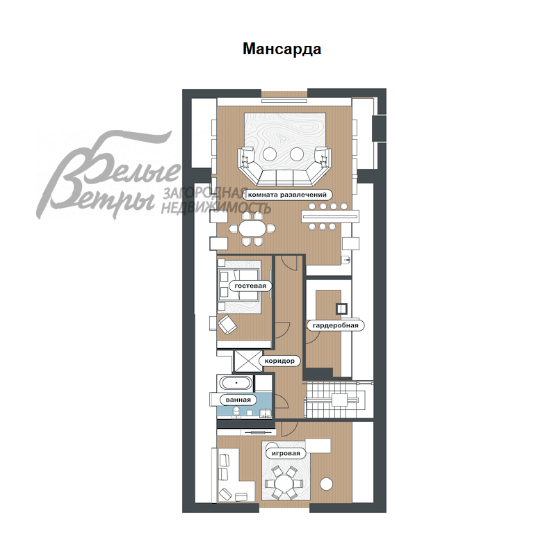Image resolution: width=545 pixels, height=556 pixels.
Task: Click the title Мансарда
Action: click(282, 49)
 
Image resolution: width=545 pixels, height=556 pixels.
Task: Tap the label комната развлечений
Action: click(287, 195)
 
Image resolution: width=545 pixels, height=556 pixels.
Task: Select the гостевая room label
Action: click(250, 286)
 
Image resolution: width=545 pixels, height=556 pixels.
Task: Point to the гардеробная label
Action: click(336, 325)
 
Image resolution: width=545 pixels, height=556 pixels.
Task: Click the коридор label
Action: click(279, 361)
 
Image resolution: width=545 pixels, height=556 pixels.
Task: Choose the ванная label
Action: click(238, 400)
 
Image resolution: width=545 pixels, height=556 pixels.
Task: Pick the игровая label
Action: click(286, 453)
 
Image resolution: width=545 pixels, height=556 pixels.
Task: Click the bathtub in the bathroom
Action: click(236, 384)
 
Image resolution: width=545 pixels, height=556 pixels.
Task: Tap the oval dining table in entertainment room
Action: click(252, 229)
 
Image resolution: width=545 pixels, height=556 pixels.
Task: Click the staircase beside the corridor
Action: click(337, 400)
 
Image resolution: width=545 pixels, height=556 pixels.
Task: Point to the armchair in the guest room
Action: click(227, 325)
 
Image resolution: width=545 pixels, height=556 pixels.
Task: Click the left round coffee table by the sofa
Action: click(270, 154)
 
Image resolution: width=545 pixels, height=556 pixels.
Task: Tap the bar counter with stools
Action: click(330, 216)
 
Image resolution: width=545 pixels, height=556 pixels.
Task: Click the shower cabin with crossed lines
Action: click(248, 361)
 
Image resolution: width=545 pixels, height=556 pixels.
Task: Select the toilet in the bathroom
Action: click(236, 411)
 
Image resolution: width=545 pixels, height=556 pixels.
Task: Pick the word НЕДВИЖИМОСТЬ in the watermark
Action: click(216, 208)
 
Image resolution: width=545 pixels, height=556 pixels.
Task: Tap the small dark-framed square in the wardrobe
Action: click(341, 309)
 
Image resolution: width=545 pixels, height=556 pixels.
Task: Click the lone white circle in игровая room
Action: click(326, 484)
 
